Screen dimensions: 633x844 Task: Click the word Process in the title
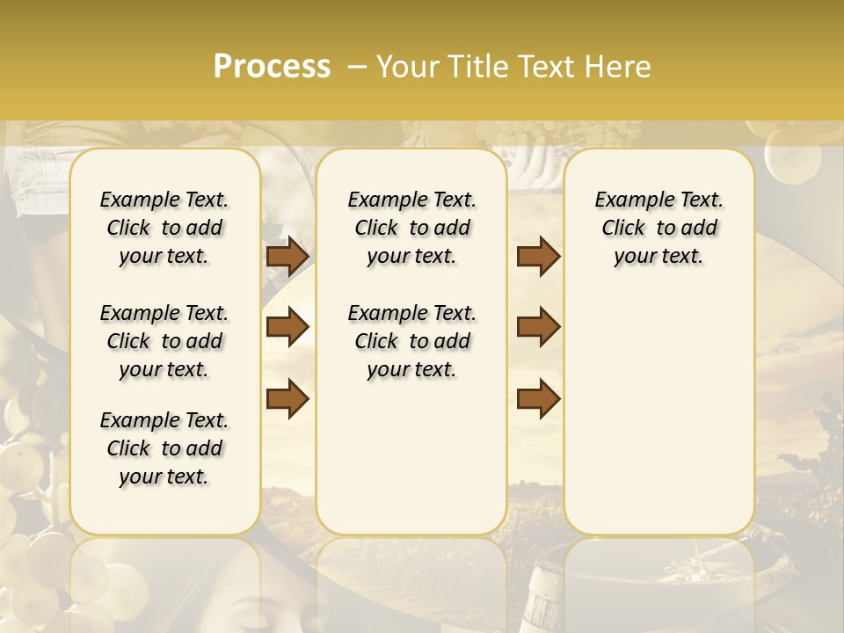coord(272,67)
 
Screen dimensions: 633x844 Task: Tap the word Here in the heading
coord(618,67)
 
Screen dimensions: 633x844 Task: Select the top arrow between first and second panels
coord(287,256)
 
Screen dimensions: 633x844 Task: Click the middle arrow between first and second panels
coord(287,327)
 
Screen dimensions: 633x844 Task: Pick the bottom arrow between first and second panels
coord(287,397)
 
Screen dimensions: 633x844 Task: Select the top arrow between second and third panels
coord(538,256)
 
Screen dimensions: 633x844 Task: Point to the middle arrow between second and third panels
coord(538,327)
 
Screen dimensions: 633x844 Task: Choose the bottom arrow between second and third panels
coord(538,397)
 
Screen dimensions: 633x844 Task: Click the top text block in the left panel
coord(164,228)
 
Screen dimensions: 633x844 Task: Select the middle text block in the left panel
coord(164,341)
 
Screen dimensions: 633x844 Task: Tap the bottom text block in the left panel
coord(164,448)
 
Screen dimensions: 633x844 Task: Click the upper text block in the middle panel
coord(412,228)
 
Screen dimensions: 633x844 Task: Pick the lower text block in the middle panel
coord(412,341)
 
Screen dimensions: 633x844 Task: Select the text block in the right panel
coord(659,228)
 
